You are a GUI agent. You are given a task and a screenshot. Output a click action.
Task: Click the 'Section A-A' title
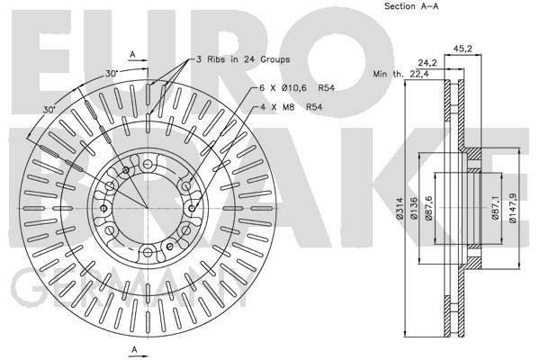click(411, 6)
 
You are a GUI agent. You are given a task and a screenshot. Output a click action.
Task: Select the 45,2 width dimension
click(463, 49)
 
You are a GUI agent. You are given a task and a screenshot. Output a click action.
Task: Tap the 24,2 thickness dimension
click(427, 63)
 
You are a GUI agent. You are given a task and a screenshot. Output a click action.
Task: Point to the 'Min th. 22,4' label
click(400, 74)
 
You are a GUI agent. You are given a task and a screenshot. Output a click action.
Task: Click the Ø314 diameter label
click(400, 208)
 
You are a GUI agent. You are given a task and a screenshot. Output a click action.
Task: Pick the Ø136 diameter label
click(414, 208)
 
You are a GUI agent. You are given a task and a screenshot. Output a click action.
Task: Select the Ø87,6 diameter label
click(428, 208)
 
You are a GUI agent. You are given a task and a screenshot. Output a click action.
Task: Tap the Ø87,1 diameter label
click(495, 207)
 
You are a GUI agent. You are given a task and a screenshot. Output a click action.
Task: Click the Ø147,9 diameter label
click(513, 208)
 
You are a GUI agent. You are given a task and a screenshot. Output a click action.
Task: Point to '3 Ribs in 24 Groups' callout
click(243, 59)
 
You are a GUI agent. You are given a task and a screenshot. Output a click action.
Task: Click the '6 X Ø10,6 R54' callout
click(297, 88)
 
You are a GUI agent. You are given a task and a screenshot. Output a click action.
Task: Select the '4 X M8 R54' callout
click(291, 107)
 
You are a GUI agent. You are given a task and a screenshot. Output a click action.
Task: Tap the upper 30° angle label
click(112, 74)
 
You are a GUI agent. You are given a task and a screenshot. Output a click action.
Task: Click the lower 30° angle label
click(49, 110)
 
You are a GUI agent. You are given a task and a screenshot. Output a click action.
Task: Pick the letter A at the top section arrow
click(132, 54)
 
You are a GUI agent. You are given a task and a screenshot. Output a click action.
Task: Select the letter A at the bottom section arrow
click(134, 350)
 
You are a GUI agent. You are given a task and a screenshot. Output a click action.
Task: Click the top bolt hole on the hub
click(148, 164)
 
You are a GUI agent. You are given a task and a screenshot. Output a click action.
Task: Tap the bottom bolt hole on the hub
click(148, 252)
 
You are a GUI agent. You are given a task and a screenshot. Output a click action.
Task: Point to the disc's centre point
click(148, 208)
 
